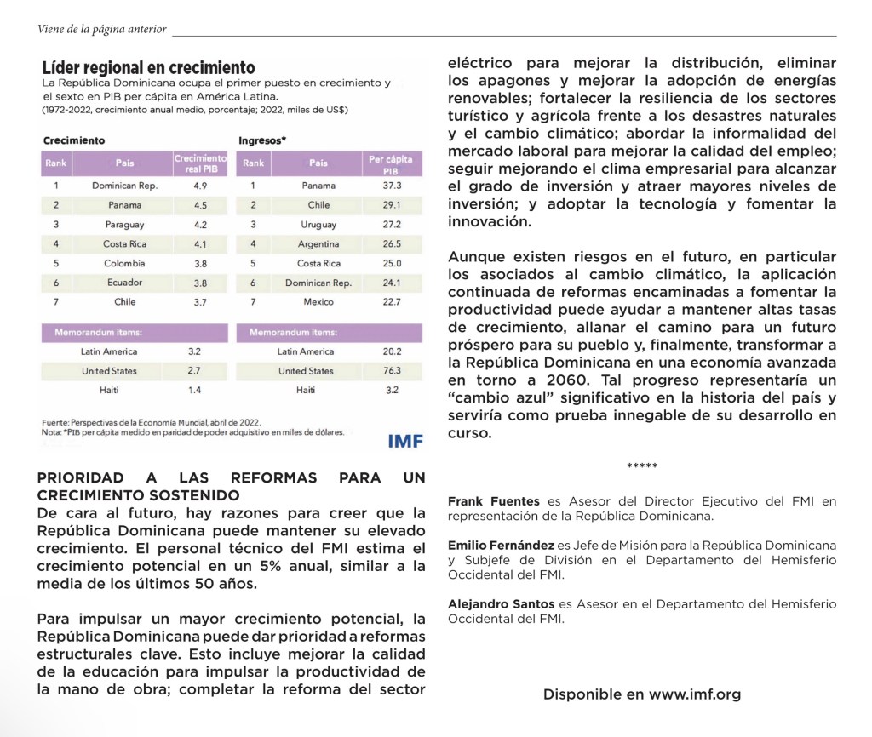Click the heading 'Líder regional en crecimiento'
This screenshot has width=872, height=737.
(149, 67)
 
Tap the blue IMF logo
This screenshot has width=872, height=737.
(405, 441)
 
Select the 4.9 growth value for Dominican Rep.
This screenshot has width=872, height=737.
(201, 185)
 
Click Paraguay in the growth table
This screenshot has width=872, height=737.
(125, 225)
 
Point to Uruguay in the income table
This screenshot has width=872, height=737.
(318, 225)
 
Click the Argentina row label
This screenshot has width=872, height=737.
(318, 244)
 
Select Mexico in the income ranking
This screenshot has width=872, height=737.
(318, 302)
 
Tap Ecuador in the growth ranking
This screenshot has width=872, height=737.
(125, 283)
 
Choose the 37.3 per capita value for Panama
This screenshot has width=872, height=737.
(392, 185)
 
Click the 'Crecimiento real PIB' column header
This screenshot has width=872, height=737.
(200, 163)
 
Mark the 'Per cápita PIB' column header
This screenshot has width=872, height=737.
(392, 163)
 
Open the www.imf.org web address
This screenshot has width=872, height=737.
(695, 694)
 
